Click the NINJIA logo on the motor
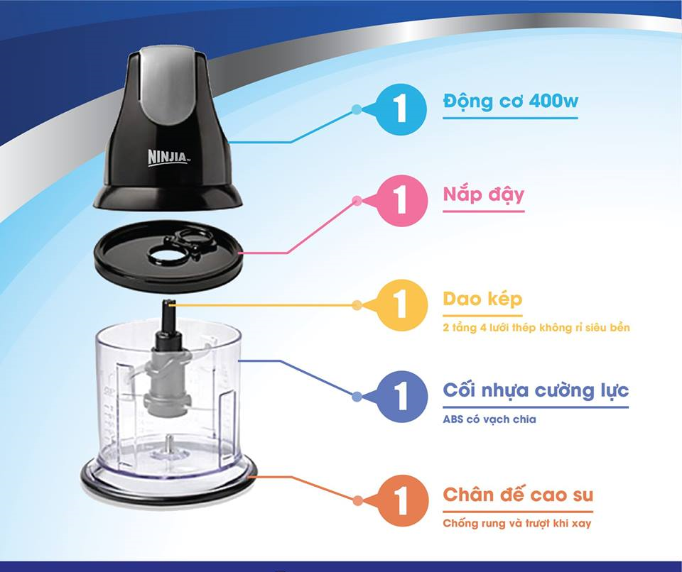[x=168, y=157]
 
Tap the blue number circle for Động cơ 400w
[x=400, y=109]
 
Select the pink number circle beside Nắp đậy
[x=401, y=200]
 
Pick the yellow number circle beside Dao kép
[x=401, y=304]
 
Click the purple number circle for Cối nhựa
[x=401, y=396]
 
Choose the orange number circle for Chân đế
[x=402, y=501]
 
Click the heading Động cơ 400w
[x=511, y=101]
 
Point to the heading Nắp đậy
[x=483, y=194]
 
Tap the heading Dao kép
[x=482, y=299]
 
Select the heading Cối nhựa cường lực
[x=536, y=390]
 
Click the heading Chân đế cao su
[x=518, y=495]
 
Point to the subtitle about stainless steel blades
[x=536, y=327]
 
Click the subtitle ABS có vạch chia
[x=489, y=419]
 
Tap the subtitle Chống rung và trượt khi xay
[x=517, y=523]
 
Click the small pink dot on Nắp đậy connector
[x=357, y=200]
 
